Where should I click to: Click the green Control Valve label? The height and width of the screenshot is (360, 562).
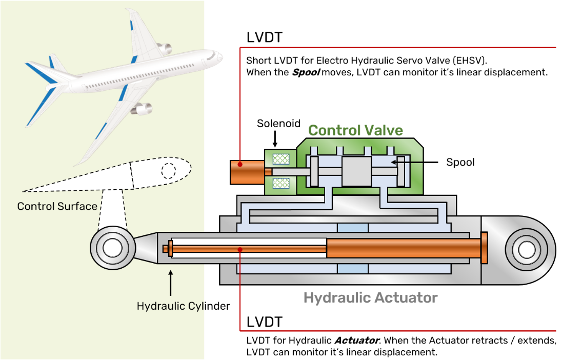click(x=355, y=130)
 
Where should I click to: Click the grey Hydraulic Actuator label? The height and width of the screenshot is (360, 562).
click(x=370, y=297)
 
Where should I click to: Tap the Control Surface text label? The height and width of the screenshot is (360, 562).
click(x=57, y=206)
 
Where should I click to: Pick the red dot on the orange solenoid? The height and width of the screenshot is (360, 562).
click(x=240, y=165)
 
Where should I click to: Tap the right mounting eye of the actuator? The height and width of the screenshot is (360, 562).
click(x=526, y=250)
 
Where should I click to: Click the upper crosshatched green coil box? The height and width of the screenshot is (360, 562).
click(x=280, y=159)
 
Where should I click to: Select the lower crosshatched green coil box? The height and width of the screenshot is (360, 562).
click(x=280, y=183)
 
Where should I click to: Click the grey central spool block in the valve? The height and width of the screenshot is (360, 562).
click(x=356, y=171)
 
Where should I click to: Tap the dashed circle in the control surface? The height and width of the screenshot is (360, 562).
click(x=168, y=171)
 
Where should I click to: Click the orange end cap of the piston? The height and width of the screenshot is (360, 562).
click(x=484, y=248)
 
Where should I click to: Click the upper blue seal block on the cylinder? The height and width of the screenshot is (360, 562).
click(x=352, y=227)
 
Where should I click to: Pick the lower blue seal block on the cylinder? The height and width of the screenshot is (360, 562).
click(x=352, y=269)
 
